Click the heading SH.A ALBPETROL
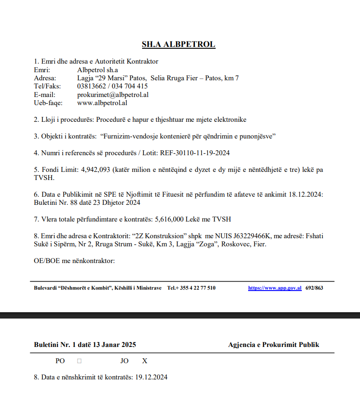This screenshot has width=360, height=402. (179, 44)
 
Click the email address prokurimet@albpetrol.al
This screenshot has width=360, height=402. (113, 95)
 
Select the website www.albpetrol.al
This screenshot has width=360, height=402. (102, 103)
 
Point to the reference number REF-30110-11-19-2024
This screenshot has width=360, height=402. (195, 153)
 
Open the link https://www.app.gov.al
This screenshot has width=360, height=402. (275, 288)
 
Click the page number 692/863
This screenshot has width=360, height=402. (314, 288)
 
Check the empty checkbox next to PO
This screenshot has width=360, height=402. (79, 361)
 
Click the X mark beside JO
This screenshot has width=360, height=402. (145, 361)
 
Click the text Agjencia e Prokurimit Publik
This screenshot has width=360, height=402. (273, 345)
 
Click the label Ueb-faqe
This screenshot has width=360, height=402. (48, 103)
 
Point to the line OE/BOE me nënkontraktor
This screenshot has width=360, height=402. (74, 261)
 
